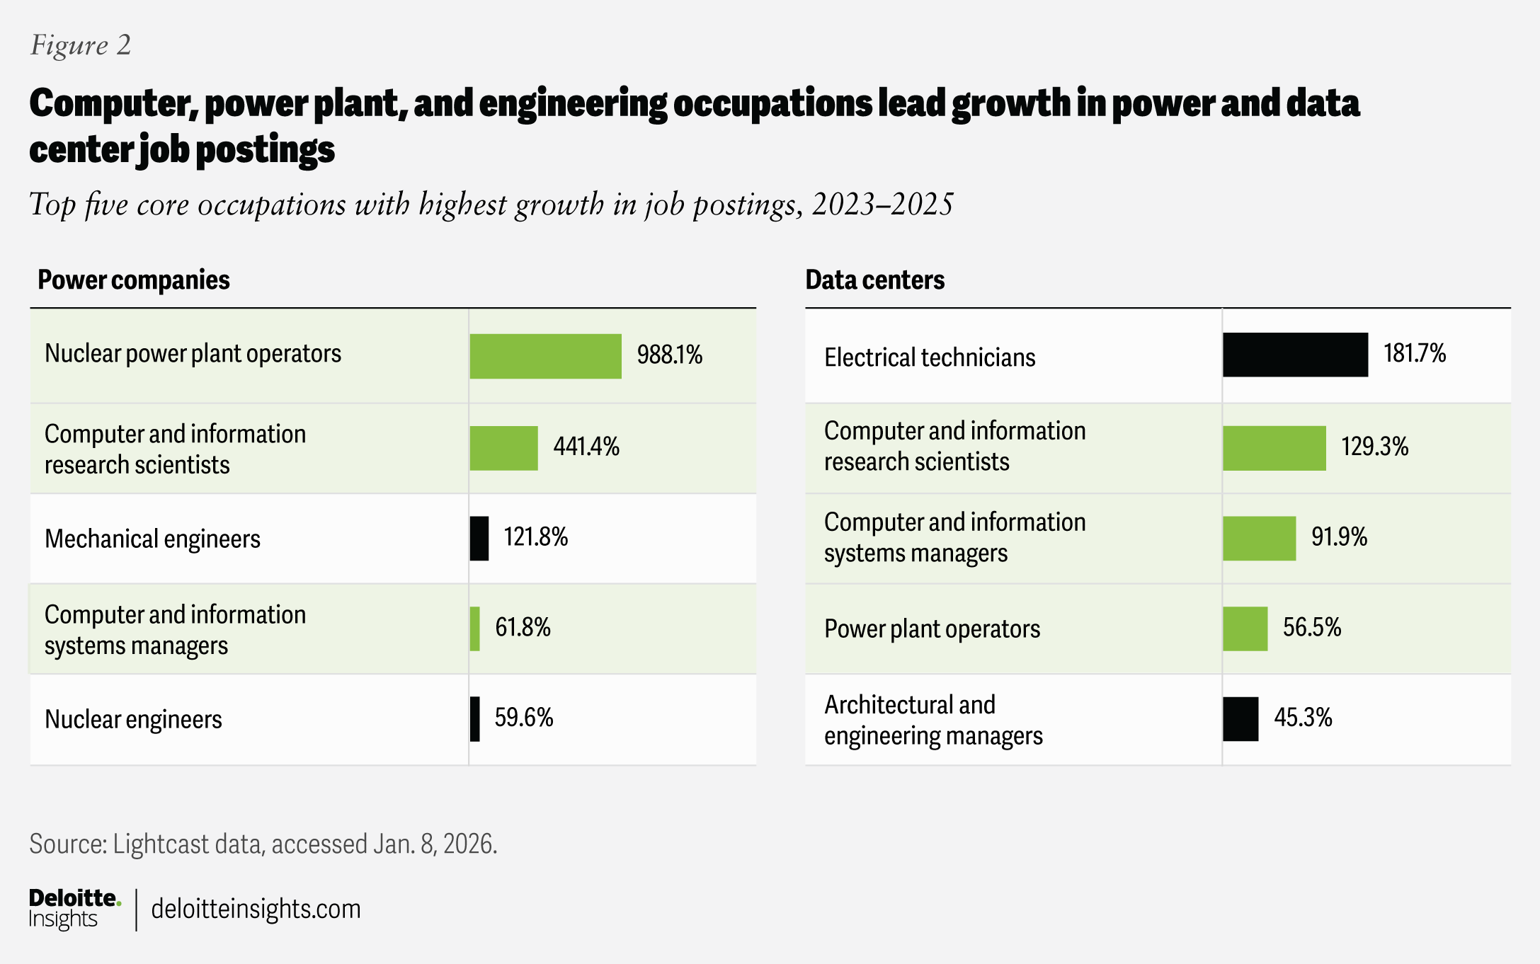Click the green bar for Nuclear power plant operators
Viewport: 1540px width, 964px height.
click(x=545, y=356)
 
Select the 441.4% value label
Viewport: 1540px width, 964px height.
click(x=586, y=447)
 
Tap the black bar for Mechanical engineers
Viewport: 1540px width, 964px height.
click(x=479, y=539)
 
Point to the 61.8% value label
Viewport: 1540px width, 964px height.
click(x=523, y=627)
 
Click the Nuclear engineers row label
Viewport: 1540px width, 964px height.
click(x=133, y=719)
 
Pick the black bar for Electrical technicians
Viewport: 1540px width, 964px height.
click(x=1295, y=355)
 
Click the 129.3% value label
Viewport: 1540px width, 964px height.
click(x=1374, y=447)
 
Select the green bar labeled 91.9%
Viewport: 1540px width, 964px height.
click(x=1259, y=539)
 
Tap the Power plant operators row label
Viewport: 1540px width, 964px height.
click(x=932, y=629)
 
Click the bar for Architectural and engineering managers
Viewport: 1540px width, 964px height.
click(x=1240, y=719)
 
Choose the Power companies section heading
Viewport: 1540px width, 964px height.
click(x=134, y=280)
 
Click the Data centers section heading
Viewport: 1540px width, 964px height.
click(x=874, y=280)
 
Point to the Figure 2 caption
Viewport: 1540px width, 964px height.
click(x=81, y=45)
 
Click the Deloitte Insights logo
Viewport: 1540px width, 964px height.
click(x=74, y=909)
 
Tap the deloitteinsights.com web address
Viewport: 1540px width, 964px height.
click(x=256, y=909)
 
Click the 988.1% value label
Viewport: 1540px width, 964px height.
click(x=669, y=355)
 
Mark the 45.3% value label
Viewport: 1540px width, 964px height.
click(x=1303, y=718)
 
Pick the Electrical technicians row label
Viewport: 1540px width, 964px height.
click(x=930, y=357)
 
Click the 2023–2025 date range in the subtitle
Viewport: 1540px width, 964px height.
click(x=882, y=205)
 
